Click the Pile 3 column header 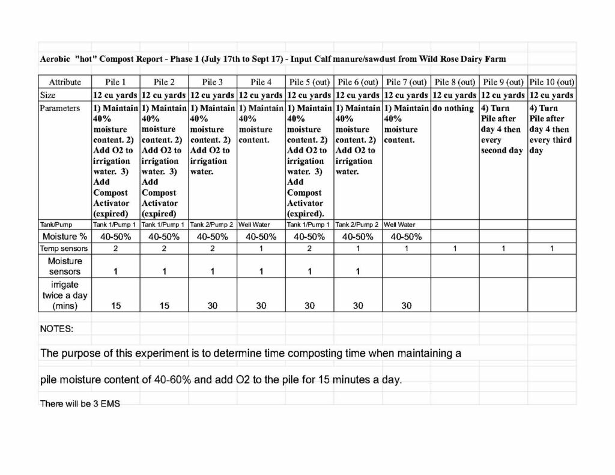point(213,82)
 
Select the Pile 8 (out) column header point(455,82)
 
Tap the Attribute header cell point(65,82)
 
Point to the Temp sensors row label point(64,248)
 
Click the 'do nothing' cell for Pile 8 point(453,109)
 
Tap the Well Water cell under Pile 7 point(399,225)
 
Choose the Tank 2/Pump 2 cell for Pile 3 point(213,225)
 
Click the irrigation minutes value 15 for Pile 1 point(115,306)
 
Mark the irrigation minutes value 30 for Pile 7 point(407,306)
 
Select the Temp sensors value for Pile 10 point(552,248)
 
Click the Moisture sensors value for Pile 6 point(358,271)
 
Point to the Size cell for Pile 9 point(503,95)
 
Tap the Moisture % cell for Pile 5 point(309,237)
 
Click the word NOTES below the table point(56,329)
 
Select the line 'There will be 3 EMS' point(80,404)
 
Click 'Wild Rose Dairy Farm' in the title point(469,59)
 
